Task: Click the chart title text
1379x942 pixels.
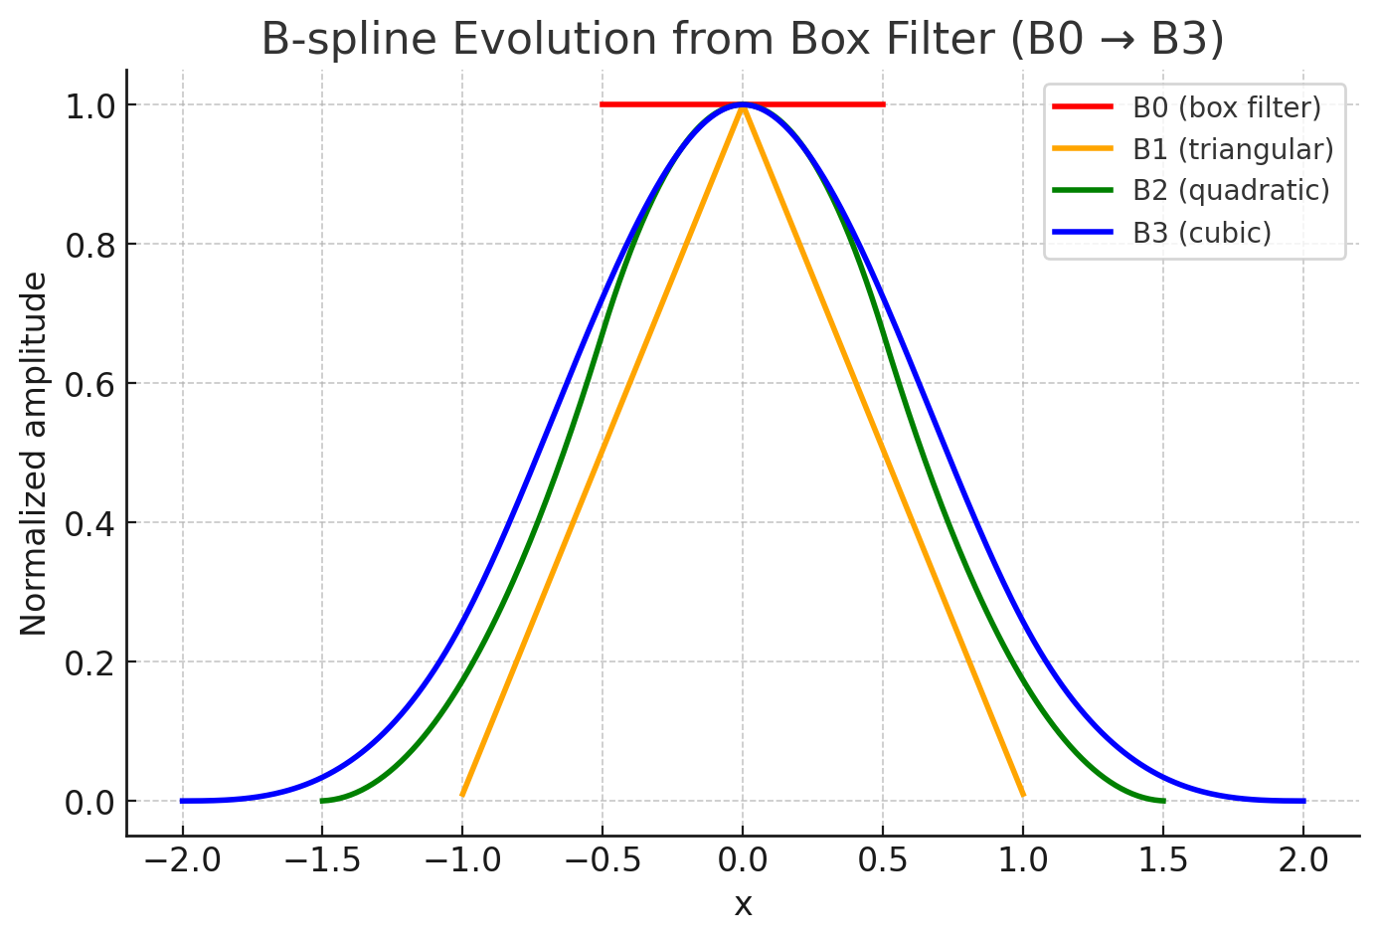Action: coord(743,40)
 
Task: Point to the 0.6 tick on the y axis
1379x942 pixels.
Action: coord(88,384)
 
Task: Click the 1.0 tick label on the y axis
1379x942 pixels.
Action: coord(88,105)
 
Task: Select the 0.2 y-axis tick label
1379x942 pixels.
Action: coord(88,662)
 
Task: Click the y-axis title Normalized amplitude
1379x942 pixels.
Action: coord(34,454)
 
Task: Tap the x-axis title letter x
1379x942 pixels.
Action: coord(743,905)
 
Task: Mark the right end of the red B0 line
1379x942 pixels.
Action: coord(883,104)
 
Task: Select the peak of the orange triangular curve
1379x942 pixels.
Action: coord(743,106)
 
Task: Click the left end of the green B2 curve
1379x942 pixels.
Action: coord(322,800)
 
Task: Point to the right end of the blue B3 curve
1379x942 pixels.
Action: coord(1302,801)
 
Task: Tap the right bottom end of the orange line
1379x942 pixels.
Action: coord(1022,794)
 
